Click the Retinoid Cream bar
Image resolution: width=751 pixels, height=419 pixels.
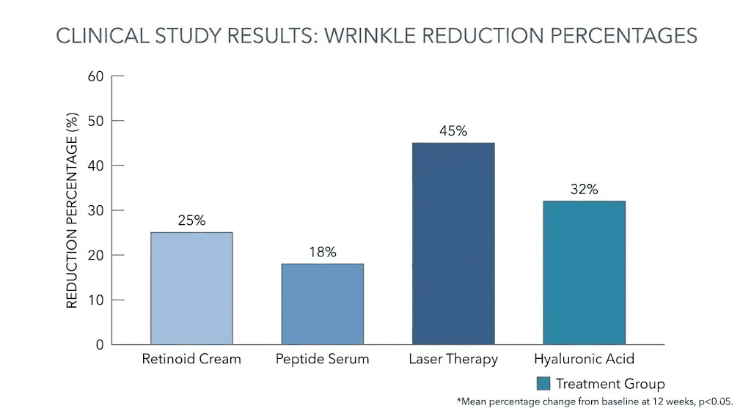tap(191, 289)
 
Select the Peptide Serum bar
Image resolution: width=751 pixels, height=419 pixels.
tap(322, 304)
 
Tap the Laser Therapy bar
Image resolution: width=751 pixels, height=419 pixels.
tap(453, 243)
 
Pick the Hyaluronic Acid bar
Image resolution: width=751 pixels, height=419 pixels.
tap(584, 272)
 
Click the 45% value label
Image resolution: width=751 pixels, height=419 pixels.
tap(453, 131)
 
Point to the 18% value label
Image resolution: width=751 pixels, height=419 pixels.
tap(322, 252)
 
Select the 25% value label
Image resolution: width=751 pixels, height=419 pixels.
tap(191, 220)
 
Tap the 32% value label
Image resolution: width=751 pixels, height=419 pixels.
tap(584, 189)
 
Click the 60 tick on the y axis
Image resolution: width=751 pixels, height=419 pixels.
tap(96, 75)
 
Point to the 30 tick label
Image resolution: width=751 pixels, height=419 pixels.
tap(96, 210)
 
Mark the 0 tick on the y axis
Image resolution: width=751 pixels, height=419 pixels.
tap(100, 344)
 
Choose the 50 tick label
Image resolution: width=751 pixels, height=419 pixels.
tap(96, 120)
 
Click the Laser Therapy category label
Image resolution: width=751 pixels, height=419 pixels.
tap(453, 360)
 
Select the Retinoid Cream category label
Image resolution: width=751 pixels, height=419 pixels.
tap(191, 360)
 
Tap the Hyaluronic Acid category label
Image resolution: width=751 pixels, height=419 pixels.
tap(584, 360)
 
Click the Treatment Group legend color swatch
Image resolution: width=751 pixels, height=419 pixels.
tap(543, 384)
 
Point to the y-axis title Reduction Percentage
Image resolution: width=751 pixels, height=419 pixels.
tap(72, 210)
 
